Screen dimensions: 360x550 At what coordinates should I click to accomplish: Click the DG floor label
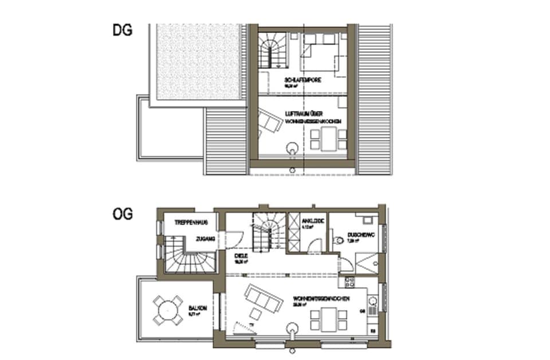click(122, 30)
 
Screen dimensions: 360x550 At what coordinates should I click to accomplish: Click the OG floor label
click(123, 214)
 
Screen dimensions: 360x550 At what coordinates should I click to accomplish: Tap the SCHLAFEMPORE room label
click(302, 80)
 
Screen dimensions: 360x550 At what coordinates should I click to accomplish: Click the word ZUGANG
click(205, 239)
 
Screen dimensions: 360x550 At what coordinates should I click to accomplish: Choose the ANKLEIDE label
click(314, 221)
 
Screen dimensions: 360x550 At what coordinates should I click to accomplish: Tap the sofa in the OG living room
click(263, 298)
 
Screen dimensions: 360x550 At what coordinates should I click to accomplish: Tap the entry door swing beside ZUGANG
click(237, 237)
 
